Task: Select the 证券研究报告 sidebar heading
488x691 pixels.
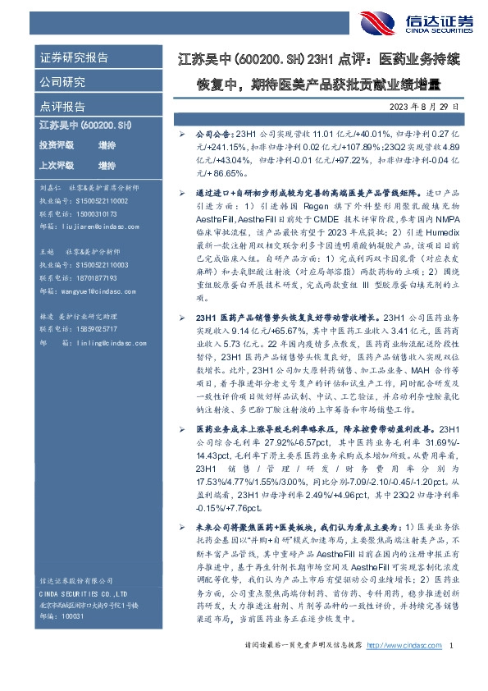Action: click(x=74, y=58)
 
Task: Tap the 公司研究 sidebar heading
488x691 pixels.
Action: click(x=62, y=82)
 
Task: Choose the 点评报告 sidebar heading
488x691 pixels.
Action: click(x=62, y=107)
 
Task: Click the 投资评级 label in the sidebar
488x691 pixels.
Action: click(x=56, y=144)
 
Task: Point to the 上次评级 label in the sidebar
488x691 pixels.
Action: click(x=56, y=164)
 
